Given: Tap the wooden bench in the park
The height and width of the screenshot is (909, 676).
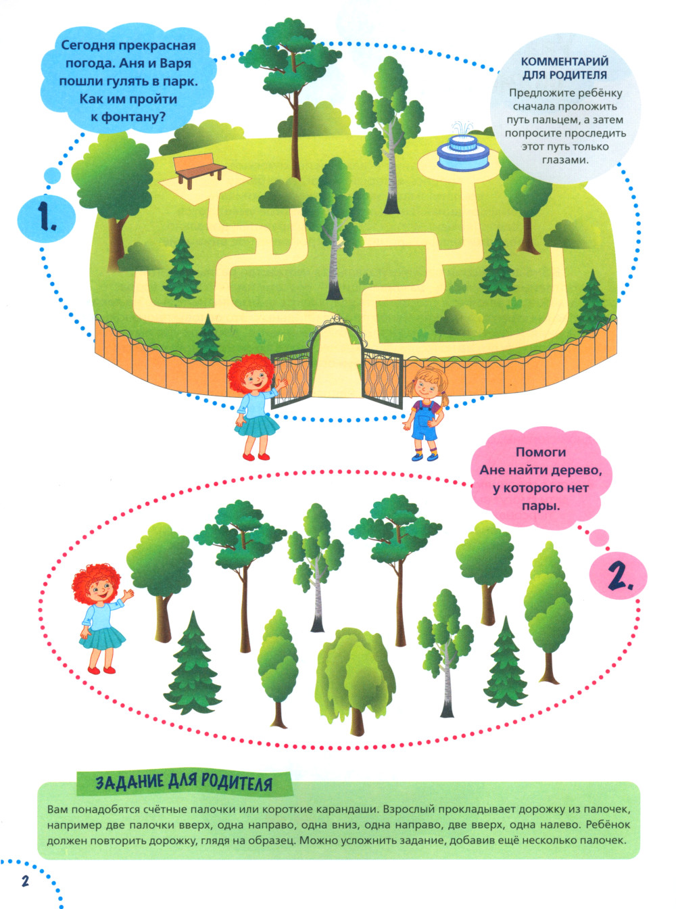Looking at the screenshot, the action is point(199,170).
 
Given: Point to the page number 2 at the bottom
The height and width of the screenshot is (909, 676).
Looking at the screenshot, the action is point(25,879).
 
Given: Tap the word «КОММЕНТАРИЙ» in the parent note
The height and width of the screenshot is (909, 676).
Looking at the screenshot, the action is point(565,62).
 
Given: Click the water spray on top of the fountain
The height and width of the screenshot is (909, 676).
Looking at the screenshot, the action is point(462,127).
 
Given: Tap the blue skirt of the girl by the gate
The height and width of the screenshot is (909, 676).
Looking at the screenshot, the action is point(257,425).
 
